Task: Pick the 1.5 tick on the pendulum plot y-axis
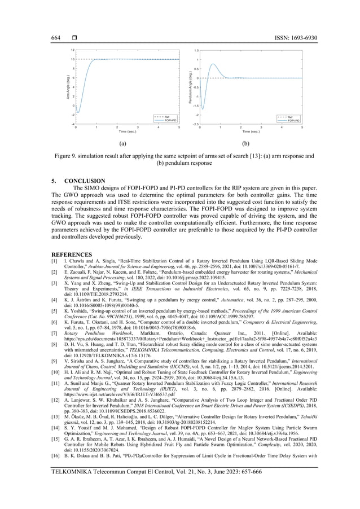point(196,50)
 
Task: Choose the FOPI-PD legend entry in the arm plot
point(171,120)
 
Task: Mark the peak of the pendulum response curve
point(213,64)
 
